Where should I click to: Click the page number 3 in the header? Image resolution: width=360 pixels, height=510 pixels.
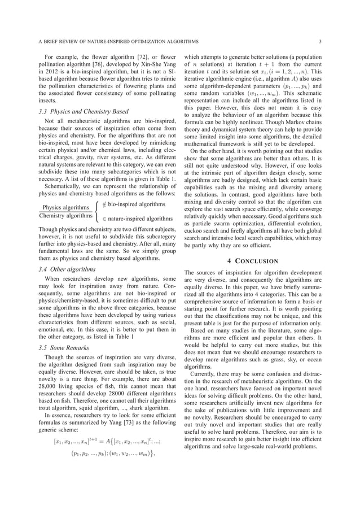[320, 41]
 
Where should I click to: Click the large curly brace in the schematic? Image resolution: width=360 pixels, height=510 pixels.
[100, 211]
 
